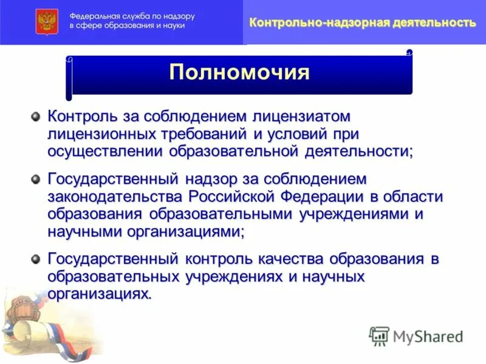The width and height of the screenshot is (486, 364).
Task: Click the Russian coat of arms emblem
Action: coord(46,21)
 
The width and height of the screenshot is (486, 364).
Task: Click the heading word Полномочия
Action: coord(239,73)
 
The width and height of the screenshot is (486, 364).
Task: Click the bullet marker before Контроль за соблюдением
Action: coord(36,115)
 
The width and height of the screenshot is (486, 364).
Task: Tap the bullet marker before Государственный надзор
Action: coord(36,178)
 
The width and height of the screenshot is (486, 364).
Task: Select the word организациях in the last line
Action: coord(98,294)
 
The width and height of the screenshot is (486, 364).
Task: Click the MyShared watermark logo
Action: coord(416,335)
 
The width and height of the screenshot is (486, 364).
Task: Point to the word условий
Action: coord(306,133)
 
